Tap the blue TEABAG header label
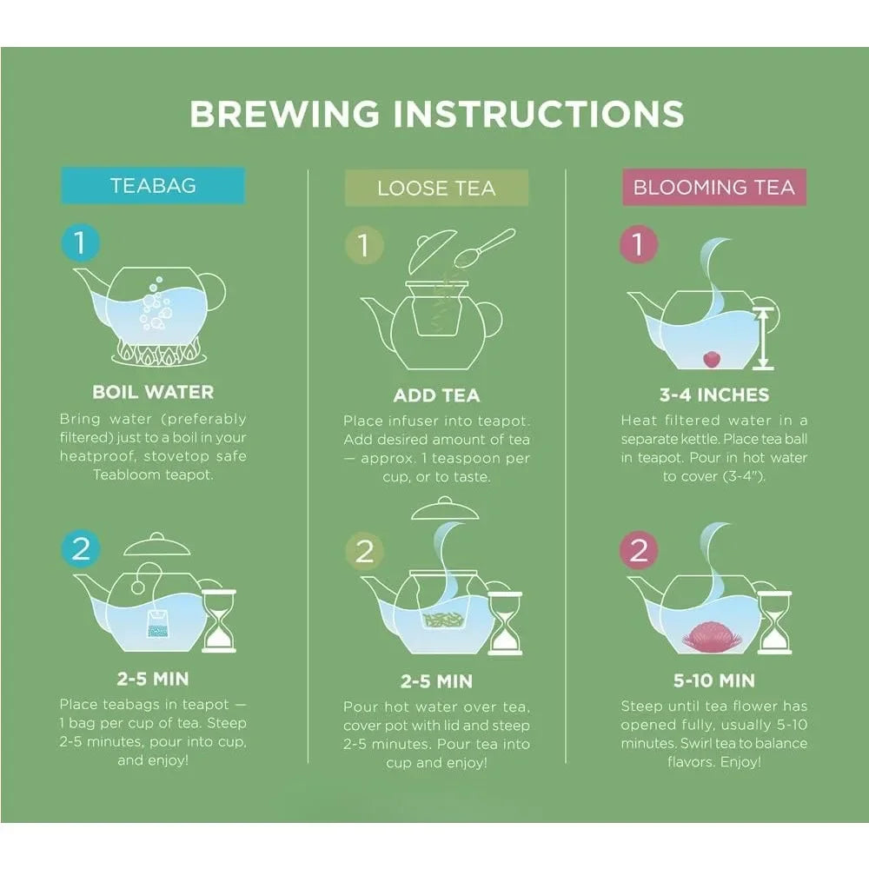[x=153, y=186]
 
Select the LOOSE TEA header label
[x=435, y=188]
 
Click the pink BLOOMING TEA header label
[x=713, y=187]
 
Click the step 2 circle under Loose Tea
[x=364, y=551]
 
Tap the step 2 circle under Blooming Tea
[x=639, y=551]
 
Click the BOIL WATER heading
[x=153, y=392]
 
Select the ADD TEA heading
[x=436, y=395]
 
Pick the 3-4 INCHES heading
[x=713, y=395]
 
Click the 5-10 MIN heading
[x=713, y=680]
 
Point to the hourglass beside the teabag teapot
[x=218, y=620]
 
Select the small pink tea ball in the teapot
[x=710, y=356]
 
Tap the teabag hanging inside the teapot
[x=156, y=621]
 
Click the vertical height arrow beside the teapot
[x=764, y=338]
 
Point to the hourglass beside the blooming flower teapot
[x=773, y=621]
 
